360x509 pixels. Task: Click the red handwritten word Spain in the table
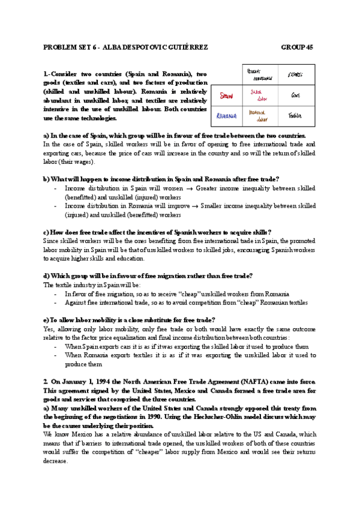click(226, 95)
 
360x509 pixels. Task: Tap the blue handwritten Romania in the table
click(227, 115)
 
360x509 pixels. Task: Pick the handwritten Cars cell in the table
click(295, 95)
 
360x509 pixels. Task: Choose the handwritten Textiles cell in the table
click(295, 115)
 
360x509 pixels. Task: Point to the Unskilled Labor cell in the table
click(258, 115)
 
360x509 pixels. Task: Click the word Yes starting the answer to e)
click(49, 329)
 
